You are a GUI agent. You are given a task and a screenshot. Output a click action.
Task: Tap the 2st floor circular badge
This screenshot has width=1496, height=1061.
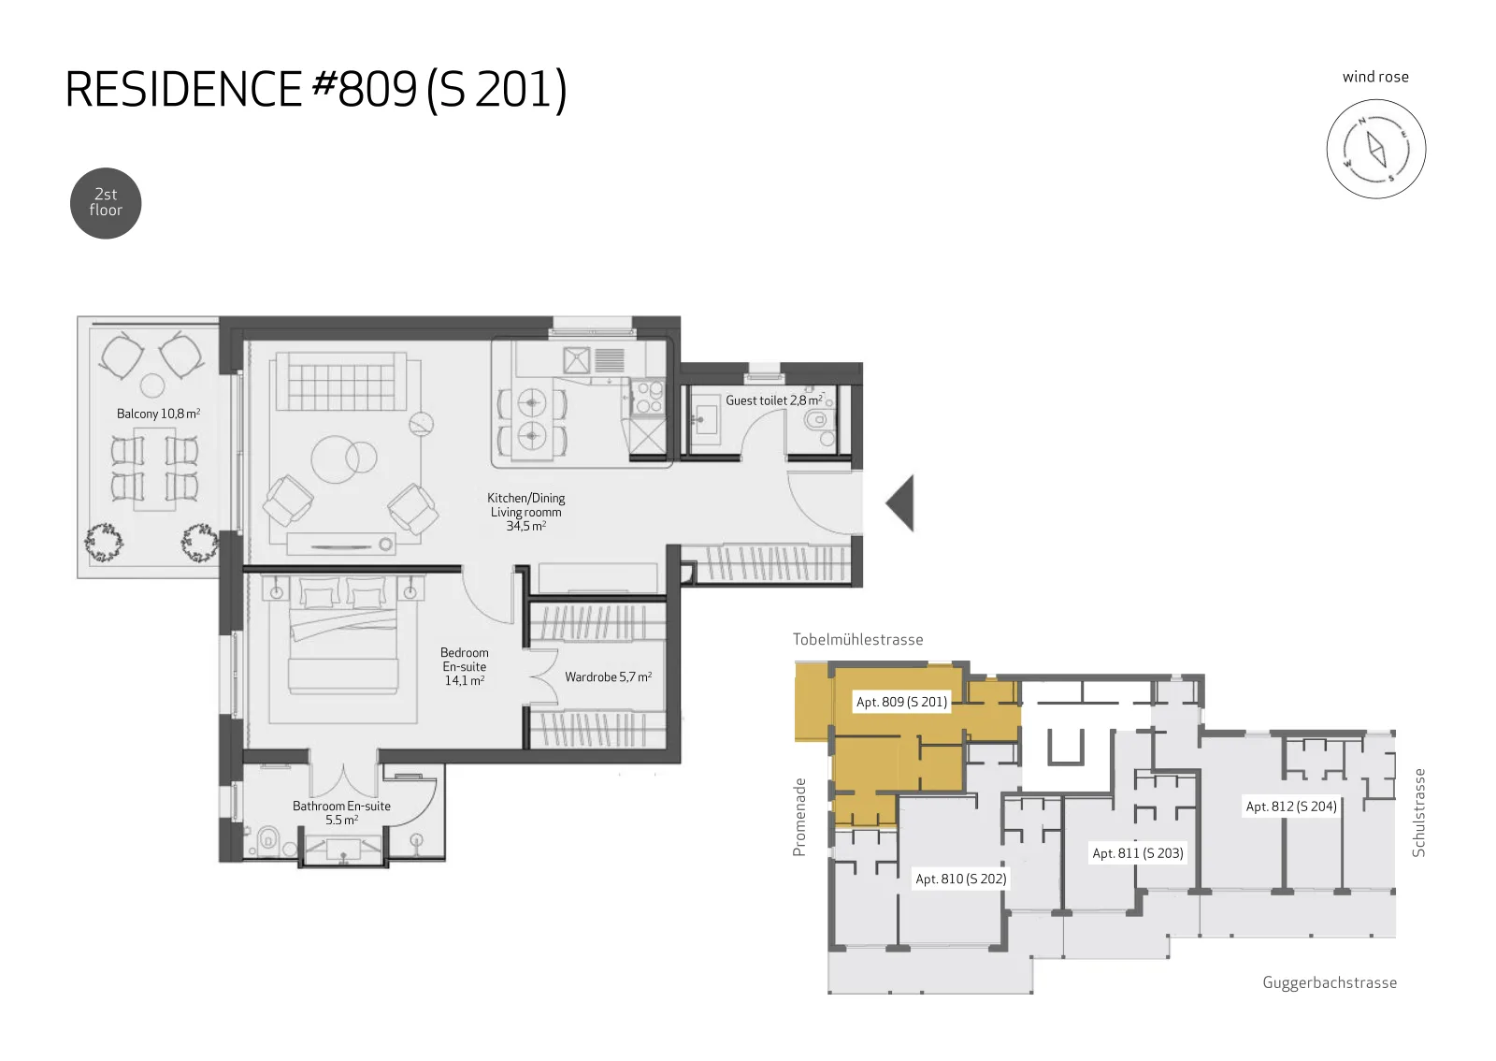(x=106, y=203)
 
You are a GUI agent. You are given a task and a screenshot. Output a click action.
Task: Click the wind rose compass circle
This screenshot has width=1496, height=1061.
(x=1375, y=149)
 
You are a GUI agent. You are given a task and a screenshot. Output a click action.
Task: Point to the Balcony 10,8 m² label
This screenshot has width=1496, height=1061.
(x=158, y=414)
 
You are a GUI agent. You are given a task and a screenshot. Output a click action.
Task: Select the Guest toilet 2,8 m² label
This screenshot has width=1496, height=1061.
(x=775, y=400)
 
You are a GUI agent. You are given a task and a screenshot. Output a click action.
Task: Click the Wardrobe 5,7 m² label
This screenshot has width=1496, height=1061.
(x=608, y=676)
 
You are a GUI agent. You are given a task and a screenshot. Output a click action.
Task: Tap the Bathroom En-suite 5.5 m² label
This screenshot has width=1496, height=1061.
(x=341, y=812)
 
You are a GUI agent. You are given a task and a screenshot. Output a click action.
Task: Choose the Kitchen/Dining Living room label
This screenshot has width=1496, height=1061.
(x=526, y=512)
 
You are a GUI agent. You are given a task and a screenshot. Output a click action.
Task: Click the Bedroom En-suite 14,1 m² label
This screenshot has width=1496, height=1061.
(x=464, y=666)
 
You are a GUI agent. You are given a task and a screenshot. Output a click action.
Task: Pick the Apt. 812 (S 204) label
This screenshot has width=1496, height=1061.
(x=1291, y=807)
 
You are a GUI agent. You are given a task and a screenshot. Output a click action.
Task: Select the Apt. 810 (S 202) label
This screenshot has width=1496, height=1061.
(x=960, y=879)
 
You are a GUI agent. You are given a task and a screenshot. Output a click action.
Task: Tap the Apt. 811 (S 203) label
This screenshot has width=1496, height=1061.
(x=1137, y=853)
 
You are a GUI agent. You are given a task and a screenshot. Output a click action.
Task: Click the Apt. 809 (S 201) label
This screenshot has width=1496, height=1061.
(x=901, y=702)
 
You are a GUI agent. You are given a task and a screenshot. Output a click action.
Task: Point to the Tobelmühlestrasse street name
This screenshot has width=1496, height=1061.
(x=857, y=639)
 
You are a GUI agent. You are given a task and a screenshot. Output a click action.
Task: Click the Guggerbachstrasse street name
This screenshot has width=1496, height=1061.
(x=1329, y=982)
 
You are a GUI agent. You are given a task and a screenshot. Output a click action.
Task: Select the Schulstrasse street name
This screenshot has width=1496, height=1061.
(x=1418, y=812)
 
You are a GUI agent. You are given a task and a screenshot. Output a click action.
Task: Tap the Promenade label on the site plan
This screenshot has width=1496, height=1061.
(x=798, y=817)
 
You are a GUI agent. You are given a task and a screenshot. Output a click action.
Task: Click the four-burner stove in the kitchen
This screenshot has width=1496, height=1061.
(x=647, y=396)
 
